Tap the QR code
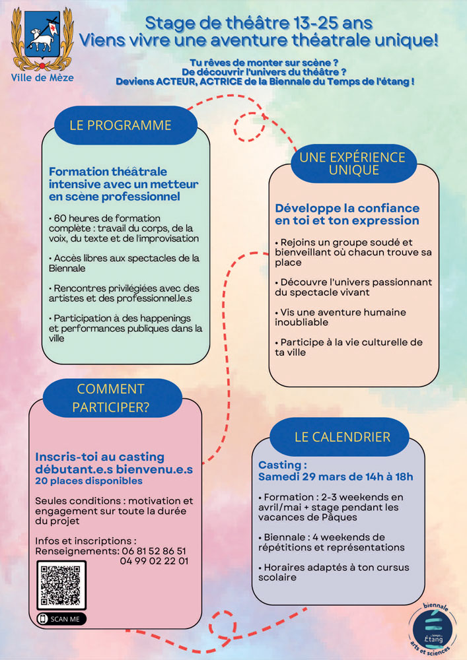coord(61,585)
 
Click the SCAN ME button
coord(61,618)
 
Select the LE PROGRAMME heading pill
coord(120,125)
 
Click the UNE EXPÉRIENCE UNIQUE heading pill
coord(353,163)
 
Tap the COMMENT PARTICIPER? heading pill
coord(110,398)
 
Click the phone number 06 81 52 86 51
coord(153,550)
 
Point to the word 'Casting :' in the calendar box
coord(282,465)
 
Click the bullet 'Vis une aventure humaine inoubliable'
coord(340,317)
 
